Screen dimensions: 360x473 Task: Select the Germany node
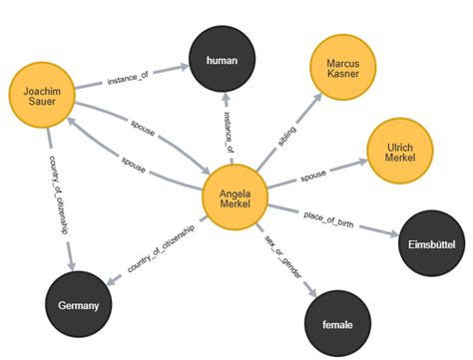point(78,304)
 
